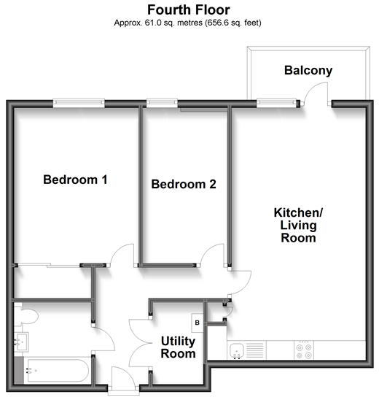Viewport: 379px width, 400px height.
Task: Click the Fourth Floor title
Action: (189, 10)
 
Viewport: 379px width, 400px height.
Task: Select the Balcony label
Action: (308, 70)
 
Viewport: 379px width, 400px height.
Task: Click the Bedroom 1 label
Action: (75, 180)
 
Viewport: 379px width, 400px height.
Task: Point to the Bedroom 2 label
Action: (184, 184)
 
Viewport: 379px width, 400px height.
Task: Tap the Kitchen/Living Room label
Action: (298, 225)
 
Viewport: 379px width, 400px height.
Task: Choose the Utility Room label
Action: (178, 347)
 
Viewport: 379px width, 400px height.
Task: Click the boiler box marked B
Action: (197, 323)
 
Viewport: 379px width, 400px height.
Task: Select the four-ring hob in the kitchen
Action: (304, 351)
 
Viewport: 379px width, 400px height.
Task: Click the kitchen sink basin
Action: (237, 350)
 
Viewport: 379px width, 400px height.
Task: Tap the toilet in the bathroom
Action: (26, 316)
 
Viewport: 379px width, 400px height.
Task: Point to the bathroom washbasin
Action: (21, 342)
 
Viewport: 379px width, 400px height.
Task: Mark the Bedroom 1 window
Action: (79, 103)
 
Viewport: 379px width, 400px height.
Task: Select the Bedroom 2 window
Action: (162, 103)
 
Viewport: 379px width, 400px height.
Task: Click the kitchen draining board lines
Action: (255, 350)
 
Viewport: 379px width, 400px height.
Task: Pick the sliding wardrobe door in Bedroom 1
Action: (48, 265)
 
